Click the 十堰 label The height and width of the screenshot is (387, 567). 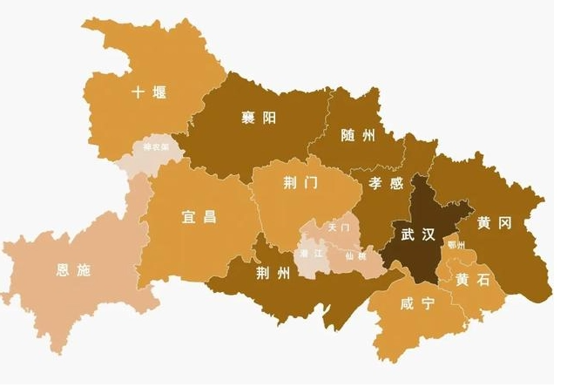[x=149, y=92]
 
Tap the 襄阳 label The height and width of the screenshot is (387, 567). [x=259, y=118]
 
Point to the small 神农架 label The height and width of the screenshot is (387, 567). [x=156, y=147]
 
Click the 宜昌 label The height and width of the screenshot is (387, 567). [x=199, y=216]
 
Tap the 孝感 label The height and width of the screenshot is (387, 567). [x=386, y=184]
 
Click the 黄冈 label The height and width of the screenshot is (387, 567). [x=493, y=223]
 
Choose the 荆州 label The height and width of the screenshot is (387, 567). [x=273, y=275]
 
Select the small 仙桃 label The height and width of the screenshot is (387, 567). [x=355, y=255]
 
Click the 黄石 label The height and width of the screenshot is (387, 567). [x=471, y=280]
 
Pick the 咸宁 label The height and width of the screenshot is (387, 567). [x=417, y=304]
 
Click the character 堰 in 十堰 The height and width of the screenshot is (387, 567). [x=159, y=92]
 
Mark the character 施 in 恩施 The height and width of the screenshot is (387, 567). [x=83, y=270]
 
